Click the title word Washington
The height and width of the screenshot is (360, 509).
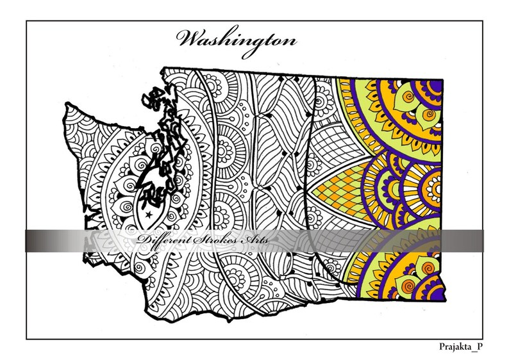point(238,40)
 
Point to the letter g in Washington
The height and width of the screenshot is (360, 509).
point(256,43)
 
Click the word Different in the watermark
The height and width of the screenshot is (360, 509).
point(161,240)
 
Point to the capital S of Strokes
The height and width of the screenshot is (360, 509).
point(188,240)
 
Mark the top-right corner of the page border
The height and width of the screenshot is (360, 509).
point(483,20)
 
